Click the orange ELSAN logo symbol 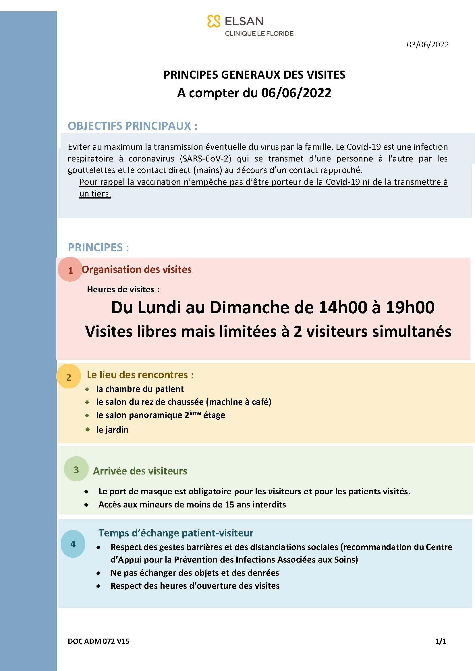[213, 21]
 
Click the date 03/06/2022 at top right [428, 45]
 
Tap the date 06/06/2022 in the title [296, 93]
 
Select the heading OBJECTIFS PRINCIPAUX [132, 126]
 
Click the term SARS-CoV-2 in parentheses [206, 159]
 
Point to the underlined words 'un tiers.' [95, 194]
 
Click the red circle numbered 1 [70, 269]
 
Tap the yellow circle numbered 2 [69, 377]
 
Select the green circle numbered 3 [76, 469]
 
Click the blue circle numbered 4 [73, 544]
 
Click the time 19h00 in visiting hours [410, 308]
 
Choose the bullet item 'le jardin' [112, 430]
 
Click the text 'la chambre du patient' [140, 389]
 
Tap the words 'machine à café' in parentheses [239, 402]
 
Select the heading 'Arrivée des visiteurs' [140, 471]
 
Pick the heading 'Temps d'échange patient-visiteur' [175, 533]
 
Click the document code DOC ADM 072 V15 [99, 641]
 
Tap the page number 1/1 [441, 641]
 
